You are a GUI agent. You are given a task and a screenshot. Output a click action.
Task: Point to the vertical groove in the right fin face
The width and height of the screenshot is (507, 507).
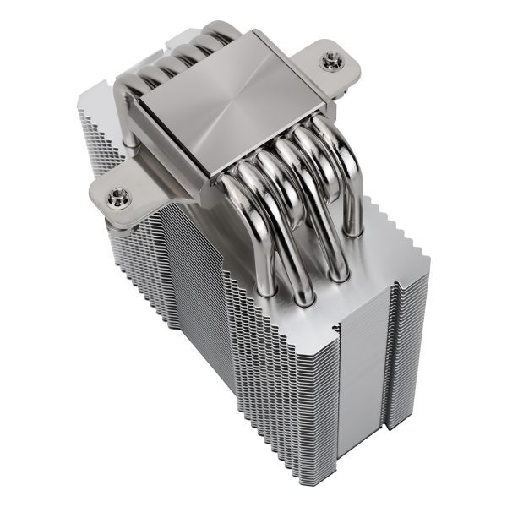(390, 355)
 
